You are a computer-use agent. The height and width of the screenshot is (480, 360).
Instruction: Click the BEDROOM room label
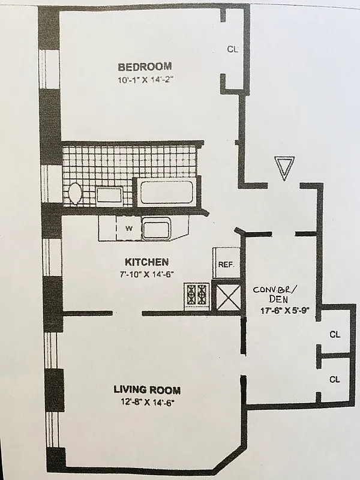point(145,67)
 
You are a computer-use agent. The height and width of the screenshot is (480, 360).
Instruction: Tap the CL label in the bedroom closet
point(232,50)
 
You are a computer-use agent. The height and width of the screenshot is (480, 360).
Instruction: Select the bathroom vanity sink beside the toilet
point(109,195)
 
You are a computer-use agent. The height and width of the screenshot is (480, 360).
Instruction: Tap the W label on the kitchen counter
point(128,228)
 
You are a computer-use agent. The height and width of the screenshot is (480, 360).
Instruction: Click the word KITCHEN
point(146,262)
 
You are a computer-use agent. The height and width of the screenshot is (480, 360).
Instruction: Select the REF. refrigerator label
point(226,264)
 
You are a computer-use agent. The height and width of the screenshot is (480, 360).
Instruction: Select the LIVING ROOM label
point(147,390)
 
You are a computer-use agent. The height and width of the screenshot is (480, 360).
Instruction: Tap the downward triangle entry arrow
point(283,167)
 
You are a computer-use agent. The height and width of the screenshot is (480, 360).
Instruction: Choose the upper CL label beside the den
point(334,334)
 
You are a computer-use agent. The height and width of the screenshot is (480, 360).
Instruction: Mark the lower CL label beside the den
point(334,379)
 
